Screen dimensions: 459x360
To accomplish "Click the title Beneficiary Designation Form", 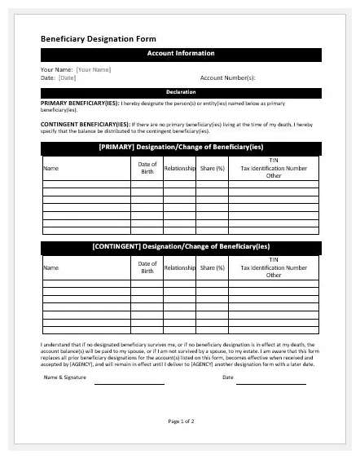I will (x=99, y=38).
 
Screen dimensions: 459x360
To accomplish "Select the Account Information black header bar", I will (x=181, y=54).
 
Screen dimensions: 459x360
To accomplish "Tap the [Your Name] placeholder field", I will (x=94, y=70).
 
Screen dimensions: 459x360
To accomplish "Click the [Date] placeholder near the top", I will (x=68, y=78).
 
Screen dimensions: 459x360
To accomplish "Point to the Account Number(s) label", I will (x=227, y=78).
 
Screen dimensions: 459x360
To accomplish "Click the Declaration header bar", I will (x=181, y=92).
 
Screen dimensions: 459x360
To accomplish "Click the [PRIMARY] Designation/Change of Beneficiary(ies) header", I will (x=181, y=148).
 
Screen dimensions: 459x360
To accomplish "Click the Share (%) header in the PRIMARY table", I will (x=213, y=168).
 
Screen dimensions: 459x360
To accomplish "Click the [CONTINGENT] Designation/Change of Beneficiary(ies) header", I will (x=181, y=246).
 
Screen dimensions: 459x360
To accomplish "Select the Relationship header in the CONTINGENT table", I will (x=180, y=267).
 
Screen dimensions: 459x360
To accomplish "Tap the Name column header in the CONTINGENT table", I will (x=51, y=267).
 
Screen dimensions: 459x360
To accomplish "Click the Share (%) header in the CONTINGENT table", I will (x=213, y=267).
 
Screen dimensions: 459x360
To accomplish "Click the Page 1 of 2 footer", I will (x=181, y=421).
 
